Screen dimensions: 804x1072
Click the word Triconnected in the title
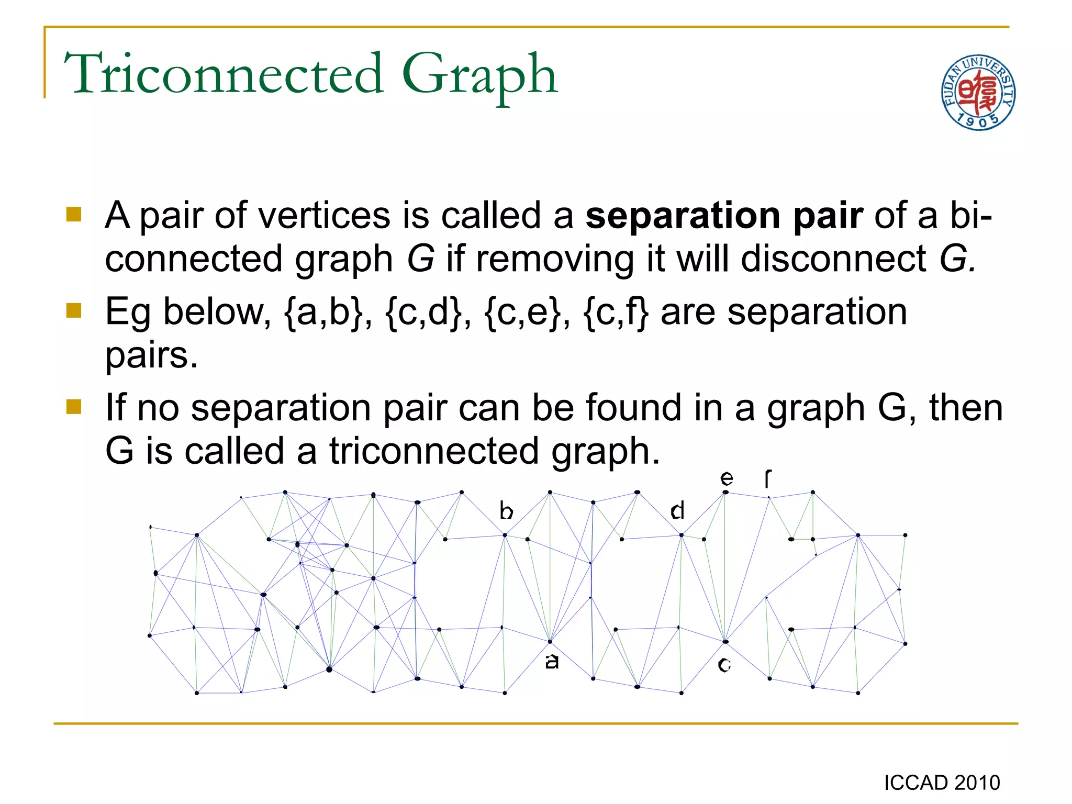[224, 74]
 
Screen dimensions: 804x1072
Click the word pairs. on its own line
[151, 355]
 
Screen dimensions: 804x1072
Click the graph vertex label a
[552, 662]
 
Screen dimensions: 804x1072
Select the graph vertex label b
[506, 510]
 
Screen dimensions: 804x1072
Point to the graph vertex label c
[724, 665]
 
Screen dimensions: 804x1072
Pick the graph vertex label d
[677, 510]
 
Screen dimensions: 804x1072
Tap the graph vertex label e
[727, 478]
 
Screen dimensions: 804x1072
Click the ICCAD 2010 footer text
[942, 783]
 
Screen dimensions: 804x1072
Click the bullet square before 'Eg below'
[74, 311]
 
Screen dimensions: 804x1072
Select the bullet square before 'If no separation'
[74, 407]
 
